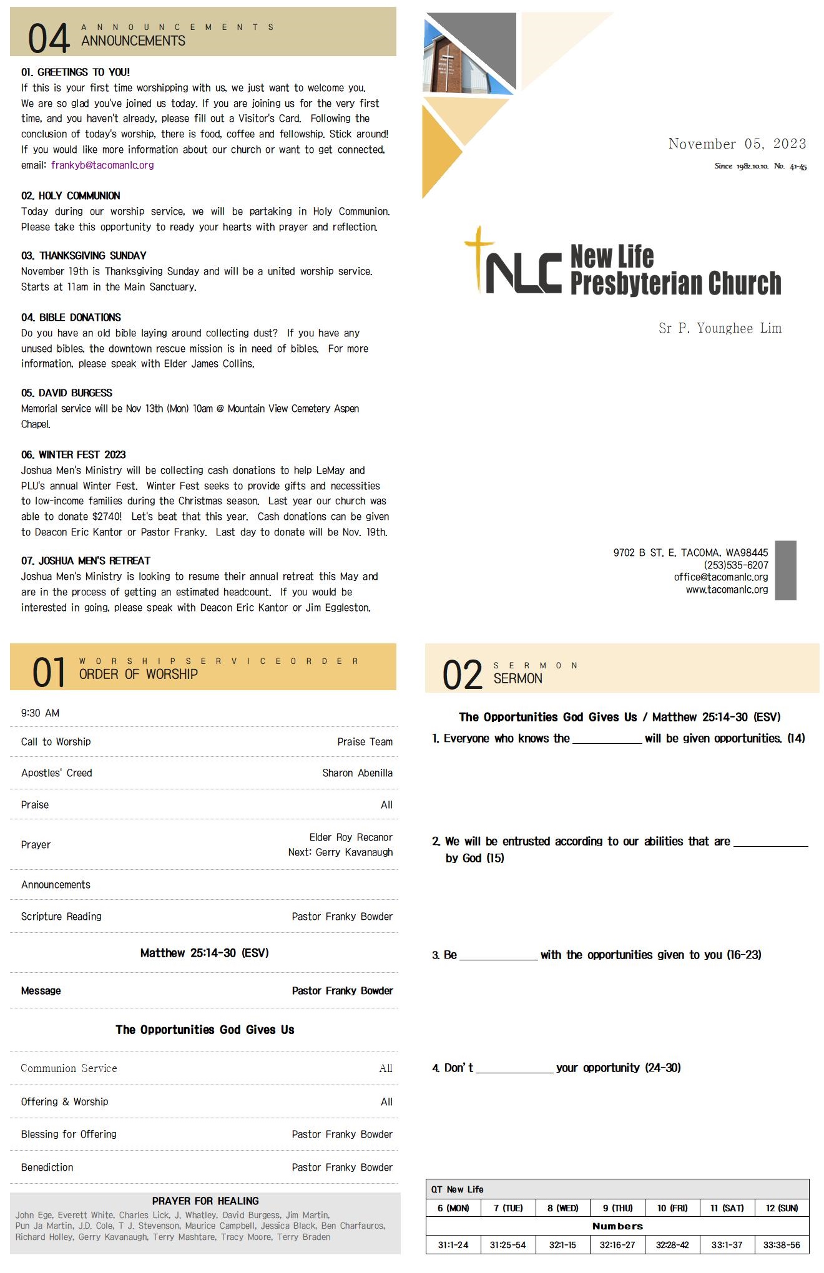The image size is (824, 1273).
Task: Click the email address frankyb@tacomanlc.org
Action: click(102, 165)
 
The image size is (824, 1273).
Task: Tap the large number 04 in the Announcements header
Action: click(48, 38)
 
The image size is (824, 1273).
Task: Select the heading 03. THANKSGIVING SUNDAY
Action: click(84, 256)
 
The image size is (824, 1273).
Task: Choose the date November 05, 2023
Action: click(737, 144)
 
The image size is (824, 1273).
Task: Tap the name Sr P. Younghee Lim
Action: click(720, 328)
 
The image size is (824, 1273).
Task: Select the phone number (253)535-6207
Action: click(736, 565)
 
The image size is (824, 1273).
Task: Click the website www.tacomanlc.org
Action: click(727, 590)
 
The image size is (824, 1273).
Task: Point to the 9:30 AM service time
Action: click(40, 713)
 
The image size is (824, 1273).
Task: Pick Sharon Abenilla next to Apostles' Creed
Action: click(357, 773)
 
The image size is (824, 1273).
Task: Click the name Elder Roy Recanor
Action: click(351, 837)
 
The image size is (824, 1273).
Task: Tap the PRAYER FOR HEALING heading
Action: click(205, 1201)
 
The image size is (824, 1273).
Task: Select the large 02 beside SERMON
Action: click(463, 675)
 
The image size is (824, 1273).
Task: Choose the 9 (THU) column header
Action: click(617, 1209)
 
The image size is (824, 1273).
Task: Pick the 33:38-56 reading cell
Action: click(782, 1246)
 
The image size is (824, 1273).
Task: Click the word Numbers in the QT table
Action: click(617, 1227)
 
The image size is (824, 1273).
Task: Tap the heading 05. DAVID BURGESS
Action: click(67, 393)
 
